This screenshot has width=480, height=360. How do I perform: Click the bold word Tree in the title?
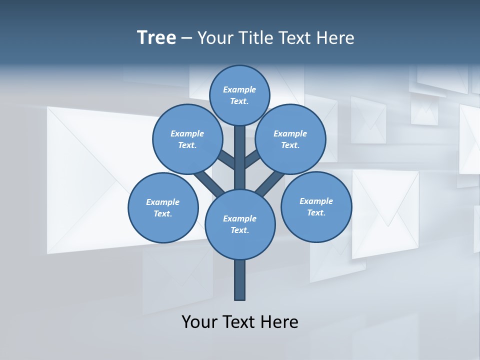(156, 37)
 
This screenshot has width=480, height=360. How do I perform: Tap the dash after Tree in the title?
(186, 38)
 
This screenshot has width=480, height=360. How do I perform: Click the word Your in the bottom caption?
(199, 322)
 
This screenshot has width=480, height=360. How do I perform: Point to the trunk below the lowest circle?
(240, 280)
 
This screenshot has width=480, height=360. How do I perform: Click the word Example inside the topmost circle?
(239, 89)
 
